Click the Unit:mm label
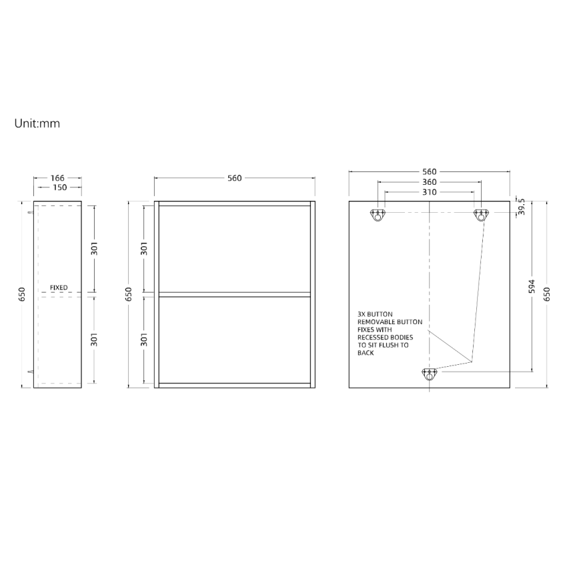click(37, 123)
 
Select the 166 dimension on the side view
click(58, 178)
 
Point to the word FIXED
click(59, 288)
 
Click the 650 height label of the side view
click(22, 294)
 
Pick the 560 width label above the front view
click(235, 178)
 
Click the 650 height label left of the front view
click(129, 294)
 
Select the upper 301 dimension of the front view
click(144, 248)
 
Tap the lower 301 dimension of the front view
click(144, 339)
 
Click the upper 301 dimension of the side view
click(94, 248)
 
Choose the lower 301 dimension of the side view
click(94, 339)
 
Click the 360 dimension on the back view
click(430, 182)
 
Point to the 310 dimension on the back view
click(430, 192)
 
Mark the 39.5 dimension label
click(522, 207)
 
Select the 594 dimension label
click(532, 286)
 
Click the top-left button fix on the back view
click(378, 215)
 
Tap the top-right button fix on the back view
click(481, 215)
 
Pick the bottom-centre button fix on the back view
click(429, 375)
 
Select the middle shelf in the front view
click(235, 294)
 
